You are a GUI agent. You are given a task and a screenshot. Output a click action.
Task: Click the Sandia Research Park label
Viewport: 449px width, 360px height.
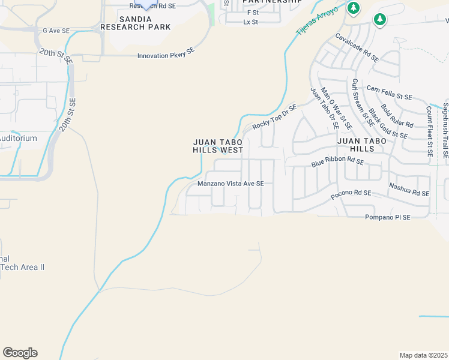(135, 23)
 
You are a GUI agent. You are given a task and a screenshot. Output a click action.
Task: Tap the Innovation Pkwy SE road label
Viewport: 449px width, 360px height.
(166, 55)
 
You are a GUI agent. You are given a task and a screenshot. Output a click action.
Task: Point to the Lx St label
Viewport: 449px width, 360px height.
(250, 22)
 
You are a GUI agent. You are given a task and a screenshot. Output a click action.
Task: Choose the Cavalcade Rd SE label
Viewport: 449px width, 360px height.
(357, 48)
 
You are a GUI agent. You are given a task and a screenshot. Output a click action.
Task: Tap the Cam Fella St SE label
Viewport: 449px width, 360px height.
(390, 92)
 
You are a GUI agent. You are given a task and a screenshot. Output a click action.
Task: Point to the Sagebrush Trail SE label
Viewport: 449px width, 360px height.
(445, 130)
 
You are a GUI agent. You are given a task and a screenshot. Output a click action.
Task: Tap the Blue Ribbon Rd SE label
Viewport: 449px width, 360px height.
(337, 162)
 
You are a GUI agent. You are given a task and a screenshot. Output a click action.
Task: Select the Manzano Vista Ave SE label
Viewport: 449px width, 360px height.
(231, 184)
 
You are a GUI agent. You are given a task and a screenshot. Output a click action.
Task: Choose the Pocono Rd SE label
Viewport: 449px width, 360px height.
(351, 194)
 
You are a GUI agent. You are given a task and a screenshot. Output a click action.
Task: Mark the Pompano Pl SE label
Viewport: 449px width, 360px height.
(388, 217)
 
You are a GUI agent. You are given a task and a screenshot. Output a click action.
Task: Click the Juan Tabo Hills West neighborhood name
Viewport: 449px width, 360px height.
(218, 146)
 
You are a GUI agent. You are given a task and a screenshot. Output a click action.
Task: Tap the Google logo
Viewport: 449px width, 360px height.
(20, 353)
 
